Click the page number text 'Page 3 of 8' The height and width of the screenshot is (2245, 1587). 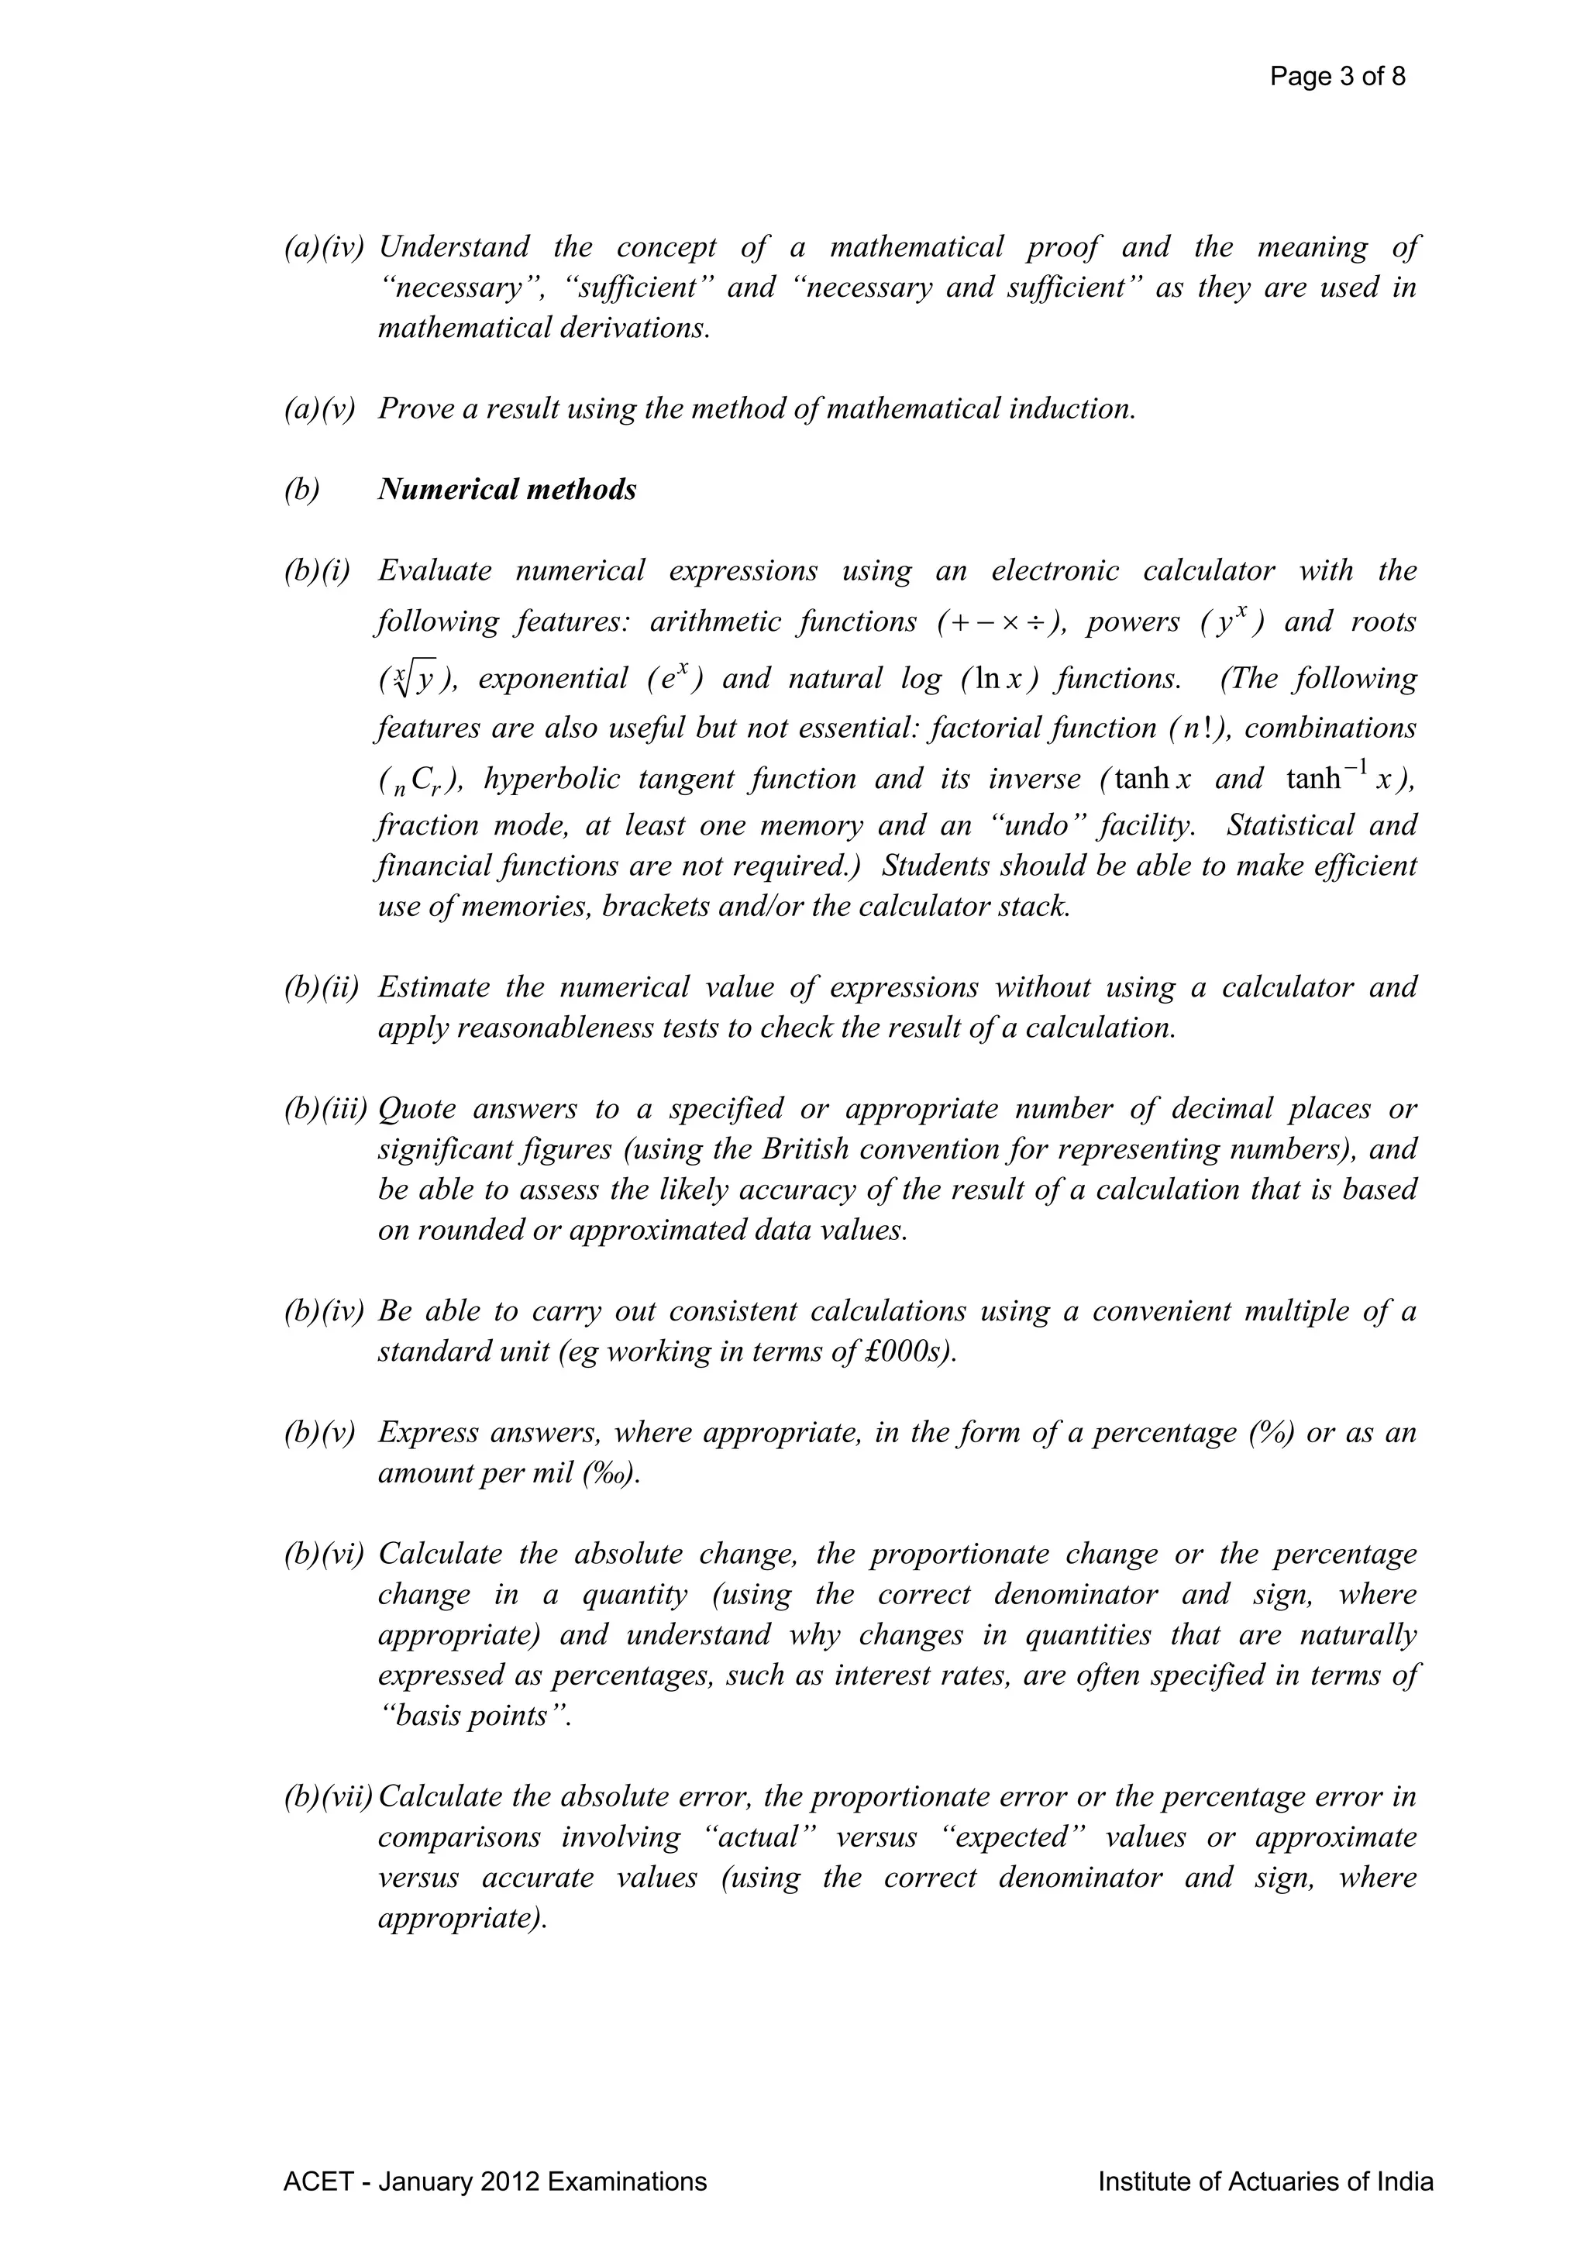(x=1337, y=76)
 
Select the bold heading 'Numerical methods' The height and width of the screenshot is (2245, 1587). (x=507, y=489)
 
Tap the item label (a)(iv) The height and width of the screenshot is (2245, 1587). (x=324, y=246)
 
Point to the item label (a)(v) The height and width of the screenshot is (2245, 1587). (x=318, y=408)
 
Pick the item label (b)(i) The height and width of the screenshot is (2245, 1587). (x=317, y=570)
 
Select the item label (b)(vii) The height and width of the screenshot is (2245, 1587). (x=329, y=1796)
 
